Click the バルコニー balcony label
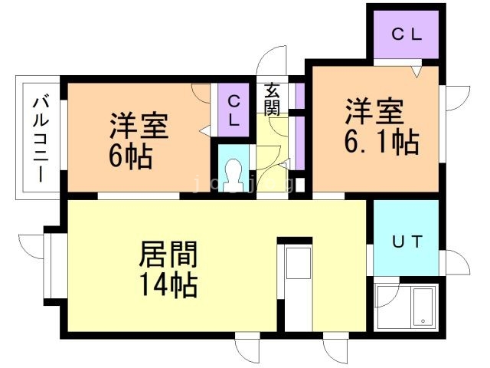(41, 140)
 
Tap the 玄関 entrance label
(272, 100)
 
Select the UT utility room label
(407, 242)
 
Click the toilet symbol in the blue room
(234, 176)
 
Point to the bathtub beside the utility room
(423, 307)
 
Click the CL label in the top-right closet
(407, 34)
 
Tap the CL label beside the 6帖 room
(234, 110)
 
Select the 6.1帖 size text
(381, 143)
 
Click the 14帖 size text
(169, 284)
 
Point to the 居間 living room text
(168, 254)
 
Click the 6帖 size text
(131, 157)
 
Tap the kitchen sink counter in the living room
(299, 288)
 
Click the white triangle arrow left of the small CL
(205, 130)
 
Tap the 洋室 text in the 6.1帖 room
(374, 111)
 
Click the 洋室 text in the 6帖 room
(139, 126)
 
